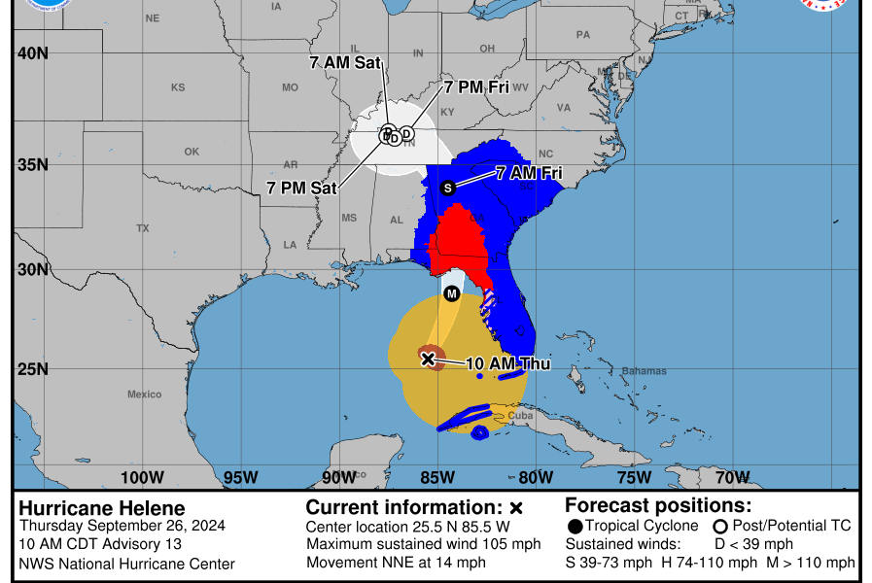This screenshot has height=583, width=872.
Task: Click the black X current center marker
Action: pos(428,359)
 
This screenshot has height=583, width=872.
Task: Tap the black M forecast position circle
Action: pos(451,293)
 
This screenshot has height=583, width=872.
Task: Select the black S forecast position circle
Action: pos(448,188)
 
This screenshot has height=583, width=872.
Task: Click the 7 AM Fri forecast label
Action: pos(529,174)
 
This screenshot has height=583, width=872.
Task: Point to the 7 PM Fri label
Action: pos(476,87)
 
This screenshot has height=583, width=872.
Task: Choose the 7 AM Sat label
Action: pos(344,62)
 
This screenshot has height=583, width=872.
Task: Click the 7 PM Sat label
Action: pos(301,188)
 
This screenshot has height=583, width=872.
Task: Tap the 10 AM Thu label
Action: pos(508,364)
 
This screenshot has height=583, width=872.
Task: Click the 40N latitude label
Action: pos(31,52)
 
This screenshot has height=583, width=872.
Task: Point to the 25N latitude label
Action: pos(31,369)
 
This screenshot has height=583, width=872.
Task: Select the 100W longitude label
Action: pos(142,477)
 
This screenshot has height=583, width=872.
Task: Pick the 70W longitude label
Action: pos(732,477)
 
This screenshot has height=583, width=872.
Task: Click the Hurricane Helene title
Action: pos(101,508)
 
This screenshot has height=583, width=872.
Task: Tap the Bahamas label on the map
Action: pos(645,371)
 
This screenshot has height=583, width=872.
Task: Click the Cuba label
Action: pos(521,415)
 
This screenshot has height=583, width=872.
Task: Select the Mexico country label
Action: pos(144,394)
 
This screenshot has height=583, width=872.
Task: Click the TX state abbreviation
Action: pos(143,228)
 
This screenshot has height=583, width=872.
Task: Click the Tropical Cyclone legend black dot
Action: pos(576,527)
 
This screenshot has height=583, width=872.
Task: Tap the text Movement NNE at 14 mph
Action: pos(396,563)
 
